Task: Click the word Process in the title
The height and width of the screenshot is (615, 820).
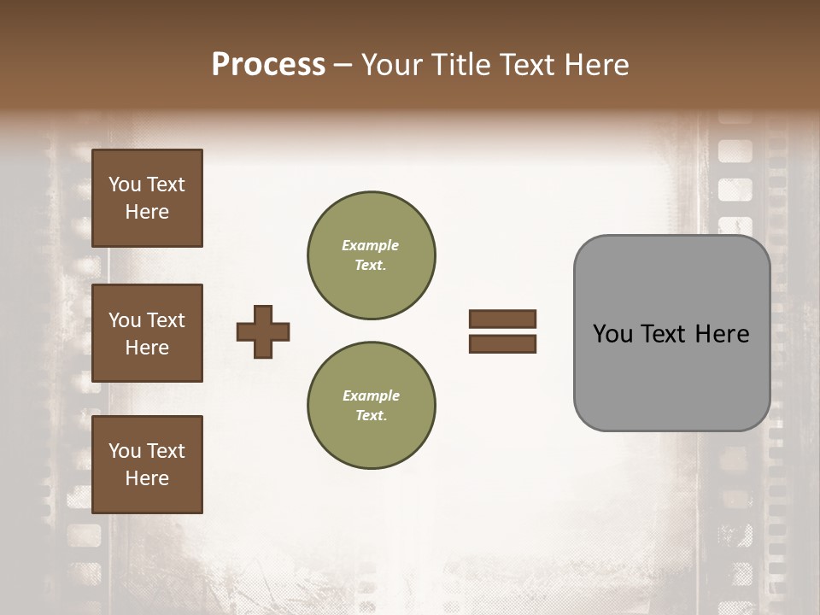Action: click(x=268, y=65)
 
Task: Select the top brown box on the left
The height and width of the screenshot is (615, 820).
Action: click(x=147, y=198)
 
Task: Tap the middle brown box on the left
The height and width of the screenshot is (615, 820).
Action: click(x=147, y=333)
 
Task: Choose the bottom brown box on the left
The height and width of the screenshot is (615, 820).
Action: click(x=147, y=465)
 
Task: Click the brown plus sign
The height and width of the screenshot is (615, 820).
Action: click(x=263, y=331)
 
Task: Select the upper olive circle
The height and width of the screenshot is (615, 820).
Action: click(x=372, y=255)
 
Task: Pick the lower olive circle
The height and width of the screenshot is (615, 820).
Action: click(x=372, y=406)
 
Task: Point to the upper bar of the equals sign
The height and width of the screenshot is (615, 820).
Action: click(x=503, y=319)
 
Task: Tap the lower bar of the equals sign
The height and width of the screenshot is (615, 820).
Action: click(x=503, y=344)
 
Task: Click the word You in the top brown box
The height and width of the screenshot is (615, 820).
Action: click(x=124, y=184)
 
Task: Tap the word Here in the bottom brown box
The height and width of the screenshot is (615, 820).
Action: click(x=147, y=478)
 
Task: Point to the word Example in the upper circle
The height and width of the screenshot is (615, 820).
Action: click(x=371, y=245)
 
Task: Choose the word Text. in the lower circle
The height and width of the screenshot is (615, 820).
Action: click(x=371, y=415)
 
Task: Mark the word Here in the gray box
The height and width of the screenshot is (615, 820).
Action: click(x=722, y=333)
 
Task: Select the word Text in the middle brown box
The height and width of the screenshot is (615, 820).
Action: click(x=166, y=320)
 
